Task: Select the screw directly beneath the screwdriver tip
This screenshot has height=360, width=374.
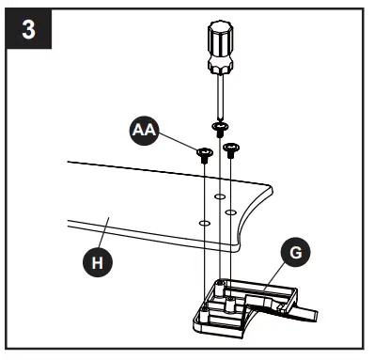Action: point(219,125)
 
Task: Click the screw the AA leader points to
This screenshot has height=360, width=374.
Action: point(203,151)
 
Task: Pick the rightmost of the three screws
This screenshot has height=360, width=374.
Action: point(230,147)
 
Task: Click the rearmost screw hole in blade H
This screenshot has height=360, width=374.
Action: point(219,196)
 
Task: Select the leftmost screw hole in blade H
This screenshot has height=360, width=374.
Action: point(203,224)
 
